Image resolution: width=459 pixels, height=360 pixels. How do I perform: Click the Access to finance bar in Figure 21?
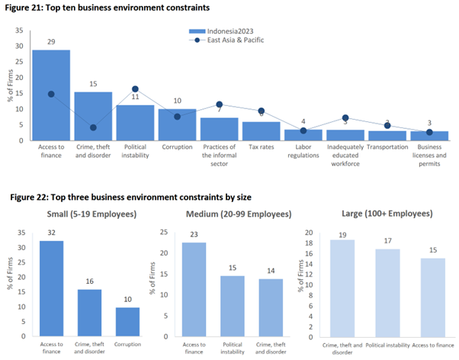pos(51,95)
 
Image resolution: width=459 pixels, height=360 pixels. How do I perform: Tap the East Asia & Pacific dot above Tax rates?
pos(261,111)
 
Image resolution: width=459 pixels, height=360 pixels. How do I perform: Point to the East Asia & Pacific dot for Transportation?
pos(387,125)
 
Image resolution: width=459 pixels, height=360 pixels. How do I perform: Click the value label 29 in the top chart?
pos(51,42)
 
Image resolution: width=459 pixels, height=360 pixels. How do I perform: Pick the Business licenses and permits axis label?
pos(429,153)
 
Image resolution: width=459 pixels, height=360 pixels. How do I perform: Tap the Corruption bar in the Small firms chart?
pos(127,321)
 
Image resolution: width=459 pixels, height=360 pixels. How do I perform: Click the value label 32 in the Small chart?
pos(51,234)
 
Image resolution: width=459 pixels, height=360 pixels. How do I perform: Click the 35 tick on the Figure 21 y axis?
pos(21,32)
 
